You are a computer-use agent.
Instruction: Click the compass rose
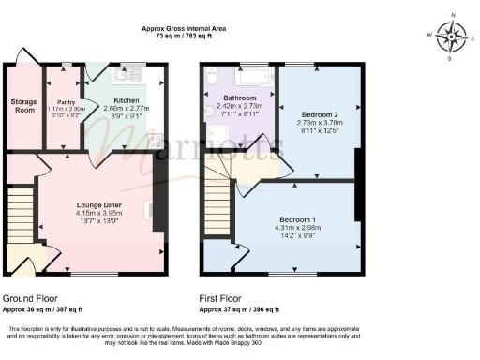tap(453, 37)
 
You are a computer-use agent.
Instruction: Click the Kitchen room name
tap(127, 99)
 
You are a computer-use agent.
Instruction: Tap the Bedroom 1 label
tap(297, 219)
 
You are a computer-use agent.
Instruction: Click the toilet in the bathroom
tap(212, 80)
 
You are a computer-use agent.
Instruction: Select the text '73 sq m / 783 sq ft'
tap(183, 37)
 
